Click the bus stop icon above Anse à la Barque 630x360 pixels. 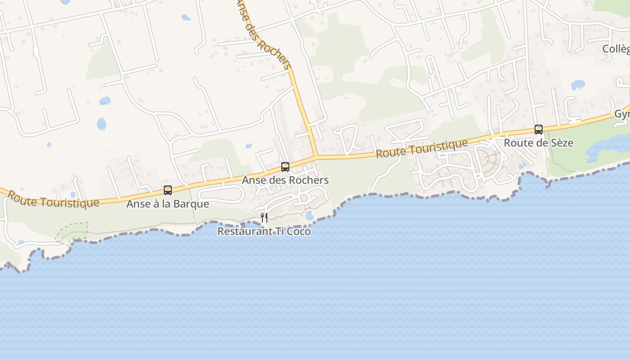[168, 190]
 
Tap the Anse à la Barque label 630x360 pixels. [167, 204]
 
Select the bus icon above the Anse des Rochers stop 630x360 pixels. [285, 167]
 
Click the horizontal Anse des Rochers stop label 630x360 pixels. [285, 180]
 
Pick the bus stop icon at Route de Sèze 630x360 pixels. [539, 130]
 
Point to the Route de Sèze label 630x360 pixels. [538, 143]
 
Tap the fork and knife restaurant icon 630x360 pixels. [264, 218]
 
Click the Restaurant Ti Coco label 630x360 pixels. [264, 231]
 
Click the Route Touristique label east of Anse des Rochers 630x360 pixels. [422, 148]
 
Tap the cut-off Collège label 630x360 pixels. [616, 49]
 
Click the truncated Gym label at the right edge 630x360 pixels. [622, 114]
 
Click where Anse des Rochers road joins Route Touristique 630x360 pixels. [316, 157]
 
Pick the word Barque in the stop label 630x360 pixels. [194, 204]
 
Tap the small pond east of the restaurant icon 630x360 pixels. [309, 216]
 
